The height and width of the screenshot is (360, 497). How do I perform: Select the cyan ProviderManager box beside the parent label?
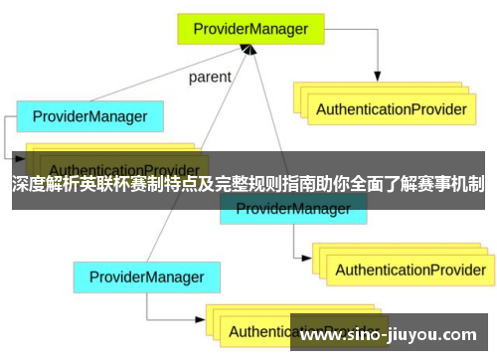click(89, 117)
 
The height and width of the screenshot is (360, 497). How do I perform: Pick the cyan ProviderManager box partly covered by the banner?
click(292, 208)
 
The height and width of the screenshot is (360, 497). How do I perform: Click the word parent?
click(210, 77)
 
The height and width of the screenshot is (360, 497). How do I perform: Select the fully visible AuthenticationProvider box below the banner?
click(409, 242)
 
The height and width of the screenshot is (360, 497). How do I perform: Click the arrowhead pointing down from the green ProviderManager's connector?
click(379, 76)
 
